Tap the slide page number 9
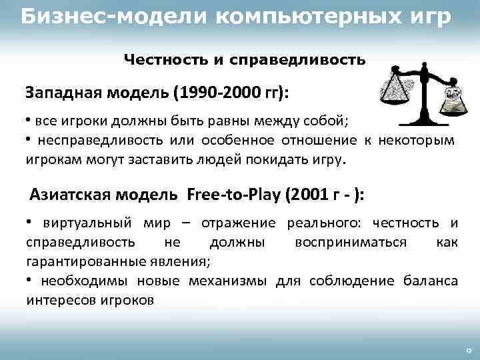tap(469, 351)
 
